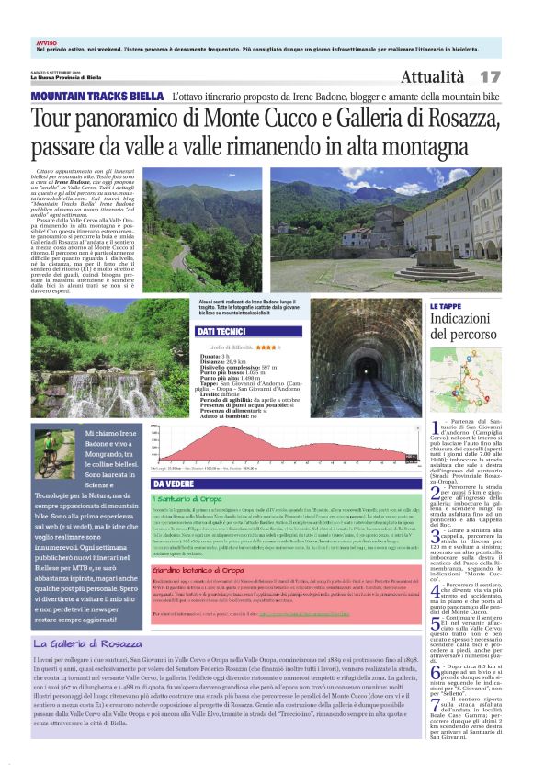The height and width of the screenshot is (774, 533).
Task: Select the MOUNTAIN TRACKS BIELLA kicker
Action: click(97, 96)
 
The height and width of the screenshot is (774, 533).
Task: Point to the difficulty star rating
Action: click(268, 347)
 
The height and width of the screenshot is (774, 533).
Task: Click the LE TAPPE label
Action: click(446, 306)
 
